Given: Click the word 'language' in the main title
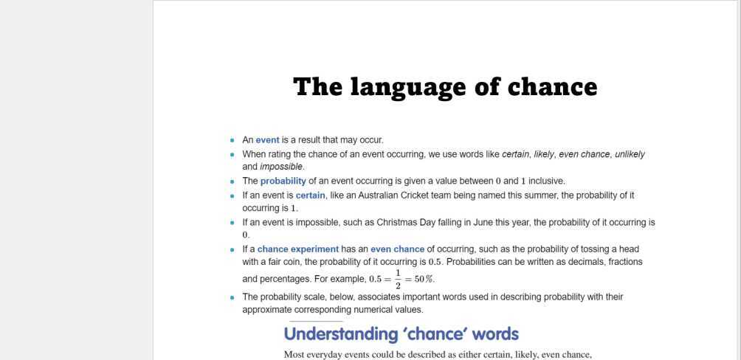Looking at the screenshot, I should [x=417, y=87].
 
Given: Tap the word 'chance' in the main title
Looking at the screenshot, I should [x=552, y=87].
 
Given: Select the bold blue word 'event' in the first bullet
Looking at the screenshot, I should [x=267, y=140].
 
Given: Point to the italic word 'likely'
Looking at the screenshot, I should [x=544, y=154].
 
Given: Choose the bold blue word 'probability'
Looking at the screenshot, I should [x=283, y=181].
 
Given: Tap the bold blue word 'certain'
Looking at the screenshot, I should [x=310, y=195].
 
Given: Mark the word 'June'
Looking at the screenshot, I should [x=483, y=222].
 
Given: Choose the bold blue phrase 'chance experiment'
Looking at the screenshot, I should [x=297, y=249].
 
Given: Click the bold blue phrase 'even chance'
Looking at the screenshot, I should [x=397, y=249].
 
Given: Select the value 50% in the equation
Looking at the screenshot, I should [x=424, y=280].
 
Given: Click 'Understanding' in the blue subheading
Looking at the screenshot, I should [x=341, y=334].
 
